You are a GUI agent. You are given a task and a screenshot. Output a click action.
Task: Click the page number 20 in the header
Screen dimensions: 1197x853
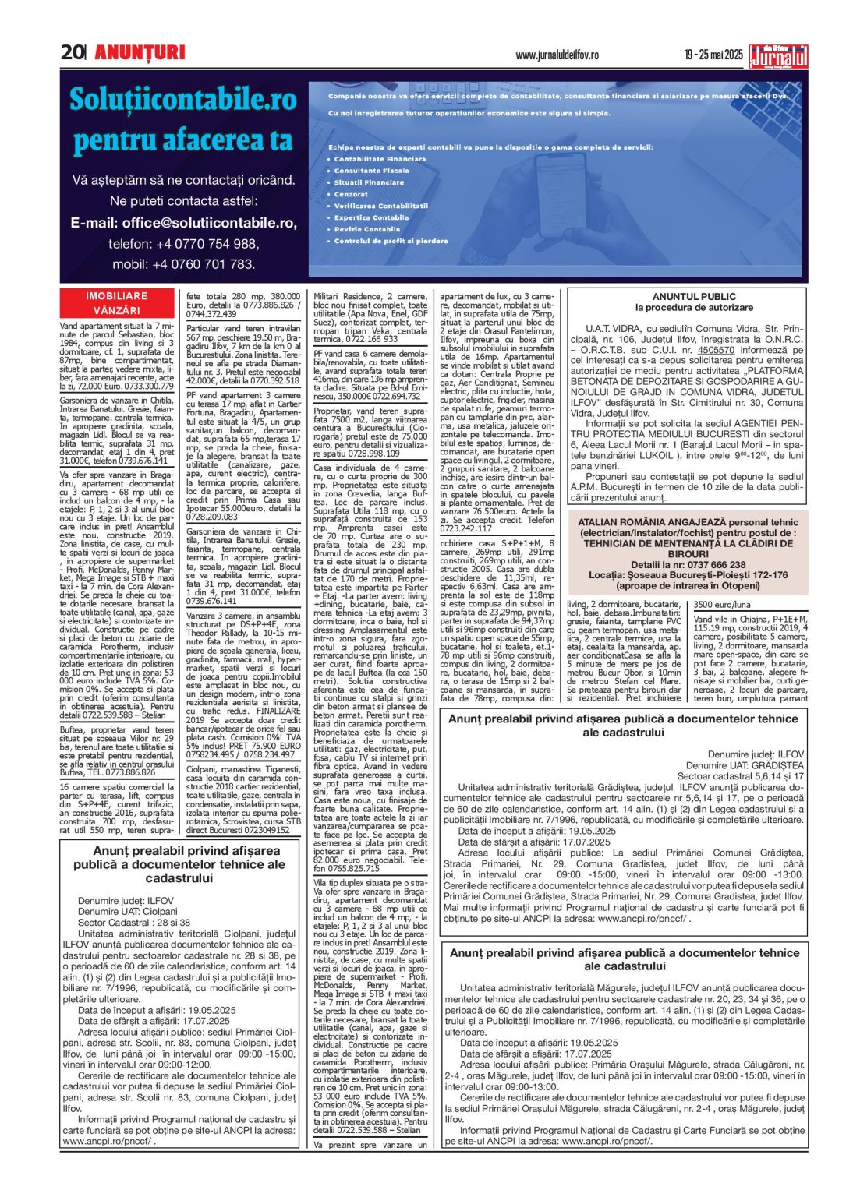point(72,52)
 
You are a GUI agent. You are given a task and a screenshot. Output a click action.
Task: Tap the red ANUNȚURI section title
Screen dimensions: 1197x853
point(140,52)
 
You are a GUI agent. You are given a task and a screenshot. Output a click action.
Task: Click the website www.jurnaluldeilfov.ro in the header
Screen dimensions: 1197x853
point(557,55)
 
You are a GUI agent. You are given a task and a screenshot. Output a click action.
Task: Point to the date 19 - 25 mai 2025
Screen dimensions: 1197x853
point(713,55)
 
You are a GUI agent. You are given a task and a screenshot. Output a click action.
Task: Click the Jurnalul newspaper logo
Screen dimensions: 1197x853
point(778,56)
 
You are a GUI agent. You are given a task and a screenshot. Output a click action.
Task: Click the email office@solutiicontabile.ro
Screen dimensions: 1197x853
point(183,223)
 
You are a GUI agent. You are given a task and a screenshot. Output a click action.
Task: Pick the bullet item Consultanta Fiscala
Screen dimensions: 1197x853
point(371,171)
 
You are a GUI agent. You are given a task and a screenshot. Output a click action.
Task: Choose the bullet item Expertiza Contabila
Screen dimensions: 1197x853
point(371,218)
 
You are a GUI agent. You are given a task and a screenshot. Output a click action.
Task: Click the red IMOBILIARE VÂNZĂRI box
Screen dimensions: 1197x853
point(116,303)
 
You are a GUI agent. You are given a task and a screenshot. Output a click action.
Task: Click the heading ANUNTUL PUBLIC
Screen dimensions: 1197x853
point(693,297)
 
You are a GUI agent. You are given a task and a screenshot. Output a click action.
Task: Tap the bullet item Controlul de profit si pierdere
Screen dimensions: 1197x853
point(391,242)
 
